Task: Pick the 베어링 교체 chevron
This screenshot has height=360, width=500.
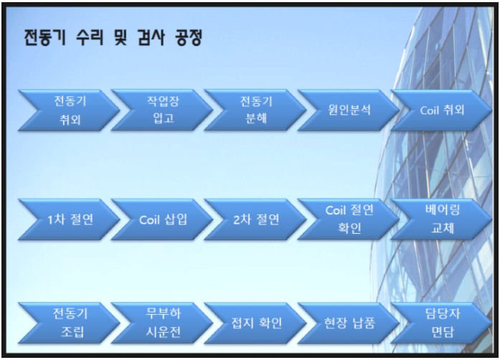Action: pos(440,219)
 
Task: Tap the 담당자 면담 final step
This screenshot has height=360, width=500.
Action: pos(439,323)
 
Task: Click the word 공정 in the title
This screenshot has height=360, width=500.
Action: pos(189,38)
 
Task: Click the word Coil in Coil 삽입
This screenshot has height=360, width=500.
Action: pos(148,219)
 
